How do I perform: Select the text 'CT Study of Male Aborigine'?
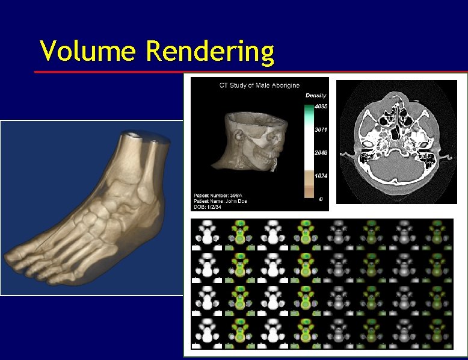tap(259, 85)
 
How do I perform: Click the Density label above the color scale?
tap(316, 96)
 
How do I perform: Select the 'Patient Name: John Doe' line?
tap(221, 201)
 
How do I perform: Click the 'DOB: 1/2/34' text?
tap(208, 206)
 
